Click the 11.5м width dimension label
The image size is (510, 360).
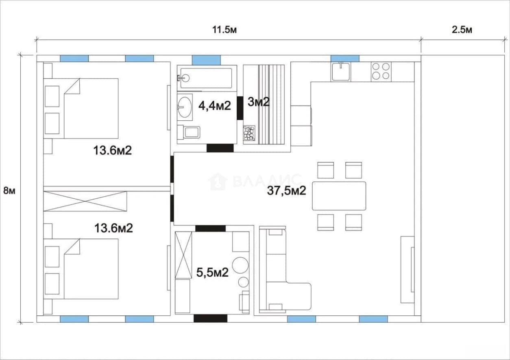224,30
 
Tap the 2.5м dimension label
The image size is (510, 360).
462,30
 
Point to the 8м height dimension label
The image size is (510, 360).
9,191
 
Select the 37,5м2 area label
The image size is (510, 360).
286,191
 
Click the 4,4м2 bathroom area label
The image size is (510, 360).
215,106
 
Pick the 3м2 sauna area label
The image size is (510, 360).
259,102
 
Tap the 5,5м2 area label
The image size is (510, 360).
212,273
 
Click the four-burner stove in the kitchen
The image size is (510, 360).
381,71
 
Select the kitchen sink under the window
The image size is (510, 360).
340,72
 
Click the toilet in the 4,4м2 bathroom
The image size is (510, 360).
189,132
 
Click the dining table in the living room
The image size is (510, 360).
339,196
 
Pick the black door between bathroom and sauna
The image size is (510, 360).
240,108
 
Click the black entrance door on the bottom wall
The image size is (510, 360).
210,319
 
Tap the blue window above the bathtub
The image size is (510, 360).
206,60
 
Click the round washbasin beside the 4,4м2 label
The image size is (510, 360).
185,107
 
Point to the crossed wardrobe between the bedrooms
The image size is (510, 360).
85,201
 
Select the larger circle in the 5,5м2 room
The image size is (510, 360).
240,265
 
